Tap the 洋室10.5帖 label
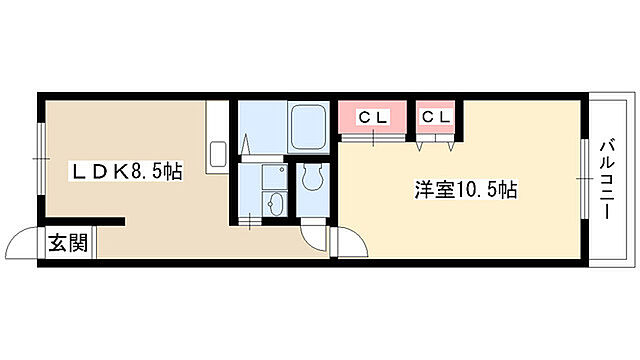(467, 188)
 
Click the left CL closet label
(372, 118)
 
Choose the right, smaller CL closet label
(436, 118)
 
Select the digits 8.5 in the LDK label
(143, 171)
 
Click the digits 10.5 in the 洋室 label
(480, 188)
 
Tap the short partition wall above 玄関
(84, 220)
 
